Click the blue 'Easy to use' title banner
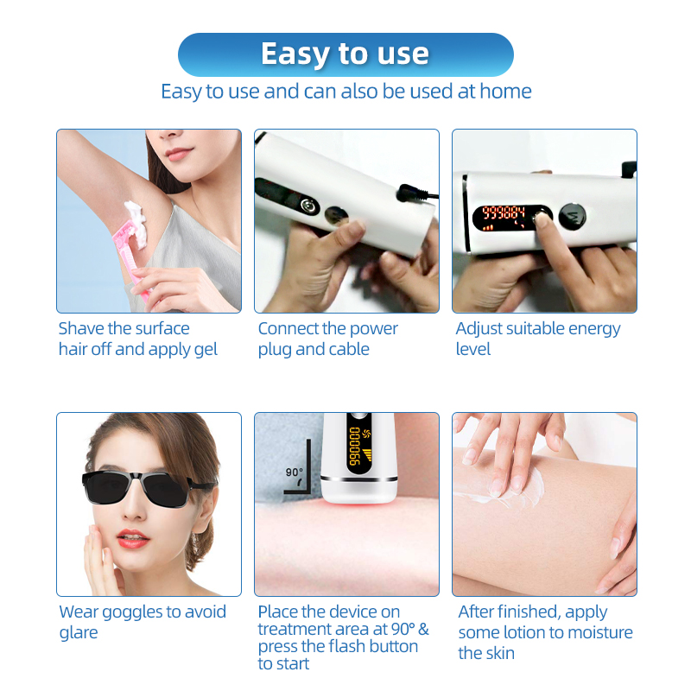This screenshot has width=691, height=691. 345,54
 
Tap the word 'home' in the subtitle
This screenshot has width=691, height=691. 505,92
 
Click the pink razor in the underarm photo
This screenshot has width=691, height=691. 131,260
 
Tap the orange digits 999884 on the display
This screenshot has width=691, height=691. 504,212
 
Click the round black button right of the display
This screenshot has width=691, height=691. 572,217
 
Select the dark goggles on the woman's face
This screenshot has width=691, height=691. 148,488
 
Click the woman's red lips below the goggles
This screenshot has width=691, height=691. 133,538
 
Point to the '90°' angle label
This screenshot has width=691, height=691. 294,472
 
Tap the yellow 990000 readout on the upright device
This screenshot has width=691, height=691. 354,446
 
